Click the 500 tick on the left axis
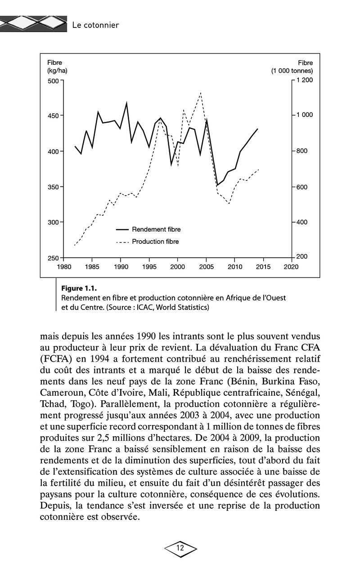coord(54,81)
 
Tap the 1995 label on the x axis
coord(149,267)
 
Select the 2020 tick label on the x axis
coord(292,267)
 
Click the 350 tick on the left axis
coord(54,187)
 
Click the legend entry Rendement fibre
coord(156,229)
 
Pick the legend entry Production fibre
coord(155,242)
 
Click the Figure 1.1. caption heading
coord(79,288)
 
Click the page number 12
coord(180,548)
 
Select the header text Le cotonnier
coord(96,25)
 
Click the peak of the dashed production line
coord(200,93)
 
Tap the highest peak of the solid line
coord(126,103)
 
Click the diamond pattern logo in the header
coord(34,23)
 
